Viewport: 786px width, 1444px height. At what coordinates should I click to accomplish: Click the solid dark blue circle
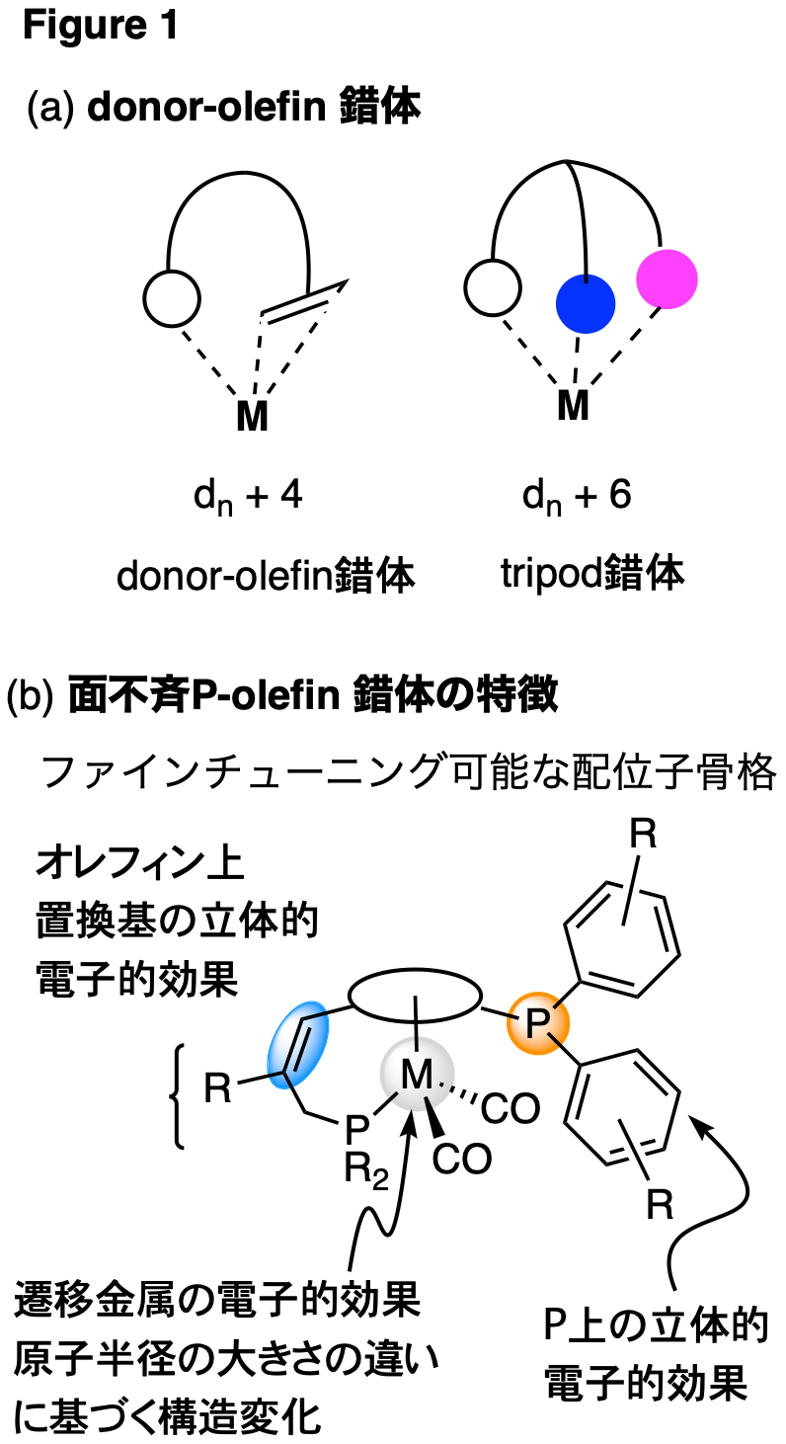(586, 304)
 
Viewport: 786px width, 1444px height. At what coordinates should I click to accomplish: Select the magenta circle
(667, 279)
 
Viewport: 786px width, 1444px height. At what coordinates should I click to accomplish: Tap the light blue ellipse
(298, 1044)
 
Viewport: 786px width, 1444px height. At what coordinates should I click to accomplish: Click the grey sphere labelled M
(417, 1074)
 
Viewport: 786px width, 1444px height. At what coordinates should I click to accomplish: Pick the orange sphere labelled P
(538, 1023)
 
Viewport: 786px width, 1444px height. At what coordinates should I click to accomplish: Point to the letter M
(416, 1075)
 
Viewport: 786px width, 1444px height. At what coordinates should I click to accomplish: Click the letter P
(537, 1024)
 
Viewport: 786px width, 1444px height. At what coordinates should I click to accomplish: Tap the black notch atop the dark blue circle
(586, 279)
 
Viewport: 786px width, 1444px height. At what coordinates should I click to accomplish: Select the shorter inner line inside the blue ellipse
(303, 1049)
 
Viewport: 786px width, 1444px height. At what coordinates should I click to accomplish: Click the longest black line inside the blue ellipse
(294, 1043)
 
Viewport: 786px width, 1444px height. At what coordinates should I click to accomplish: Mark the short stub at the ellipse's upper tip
(316, 1014)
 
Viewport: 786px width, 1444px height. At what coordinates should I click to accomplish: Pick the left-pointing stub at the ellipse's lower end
(275, 1075)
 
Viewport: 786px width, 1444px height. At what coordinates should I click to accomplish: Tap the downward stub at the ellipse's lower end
(287, 1081)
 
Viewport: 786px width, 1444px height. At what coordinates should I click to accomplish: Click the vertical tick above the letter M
(417, 1044)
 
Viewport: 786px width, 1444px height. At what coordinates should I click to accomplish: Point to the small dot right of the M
(441, 1084)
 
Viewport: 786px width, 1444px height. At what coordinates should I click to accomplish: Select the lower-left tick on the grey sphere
(393, 1096)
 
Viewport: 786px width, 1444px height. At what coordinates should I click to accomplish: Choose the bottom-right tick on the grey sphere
(428, 1103)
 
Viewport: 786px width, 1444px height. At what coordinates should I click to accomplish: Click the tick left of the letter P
(512, 1017)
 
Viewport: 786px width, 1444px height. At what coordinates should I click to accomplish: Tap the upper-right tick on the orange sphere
(558, 1004)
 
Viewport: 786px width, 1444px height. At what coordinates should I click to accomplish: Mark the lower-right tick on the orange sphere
(555, 1039)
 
